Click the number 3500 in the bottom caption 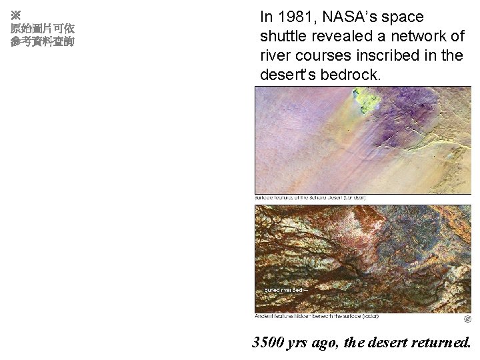point(268,343)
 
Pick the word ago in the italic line point(332,343)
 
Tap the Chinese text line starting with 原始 point(42,29)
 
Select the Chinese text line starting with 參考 point(42,42)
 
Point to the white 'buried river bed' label point(285,291)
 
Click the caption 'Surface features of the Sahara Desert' point(311,198)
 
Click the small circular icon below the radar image point(467,319)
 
